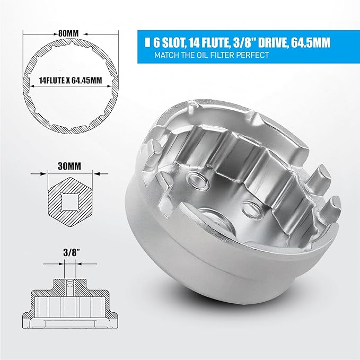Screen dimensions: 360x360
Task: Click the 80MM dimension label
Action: click(x=69, y=34)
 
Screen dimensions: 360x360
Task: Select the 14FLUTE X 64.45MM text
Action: click(x=71, y=81)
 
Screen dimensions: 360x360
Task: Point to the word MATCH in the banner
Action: click(x=166, y=55)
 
